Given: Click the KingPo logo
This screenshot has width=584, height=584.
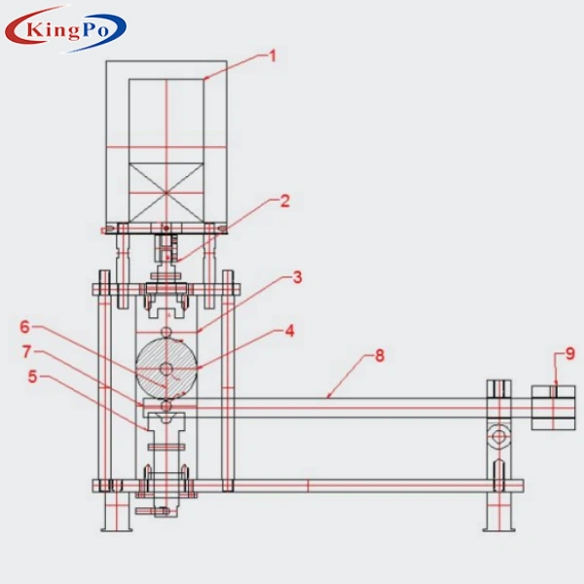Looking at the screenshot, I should pyautogui.click(x=65, y=32).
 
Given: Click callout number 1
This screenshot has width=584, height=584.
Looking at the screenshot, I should pyautogui.click(x=273, y=56).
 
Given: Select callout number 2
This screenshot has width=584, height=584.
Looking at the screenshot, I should pyautogui.click(x=284, y=201).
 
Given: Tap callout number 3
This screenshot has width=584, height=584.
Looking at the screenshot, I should pyautogui.click(x=297, y=277).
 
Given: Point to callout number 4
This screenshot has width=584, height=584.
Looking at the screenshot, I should pyautogui.click(x=288, y=331).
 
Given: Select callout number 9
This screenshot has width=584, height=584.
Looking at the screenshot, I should pyautogui.click(x=571, y=353).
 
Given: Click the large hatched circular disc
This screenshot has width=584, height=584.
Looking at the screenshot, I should pyautogui.click(x=166, y=368).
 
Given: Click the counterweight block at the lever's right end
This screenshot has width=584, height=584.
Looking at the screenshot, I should pyautogui.click(x=553, y=407).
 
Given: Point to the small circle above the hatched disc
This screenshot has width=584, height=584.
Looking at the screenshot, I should pyautogui.click(x=166, y=332).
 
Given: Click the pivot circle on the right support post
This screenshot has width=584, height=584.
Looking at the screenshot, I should pyautogui.click(x=498, y=436).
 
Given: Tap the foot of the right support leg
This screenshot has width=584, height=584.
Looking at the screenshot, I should pyautogui.click(x=498, y=527).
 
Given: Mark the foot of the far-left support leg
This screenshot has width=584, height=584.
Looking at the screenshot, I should pyautogui.click(x=116, y=527).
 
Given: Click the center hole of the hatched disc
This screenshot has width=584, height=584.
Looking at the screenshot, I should pyautogui.click(x=166, y=368).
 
